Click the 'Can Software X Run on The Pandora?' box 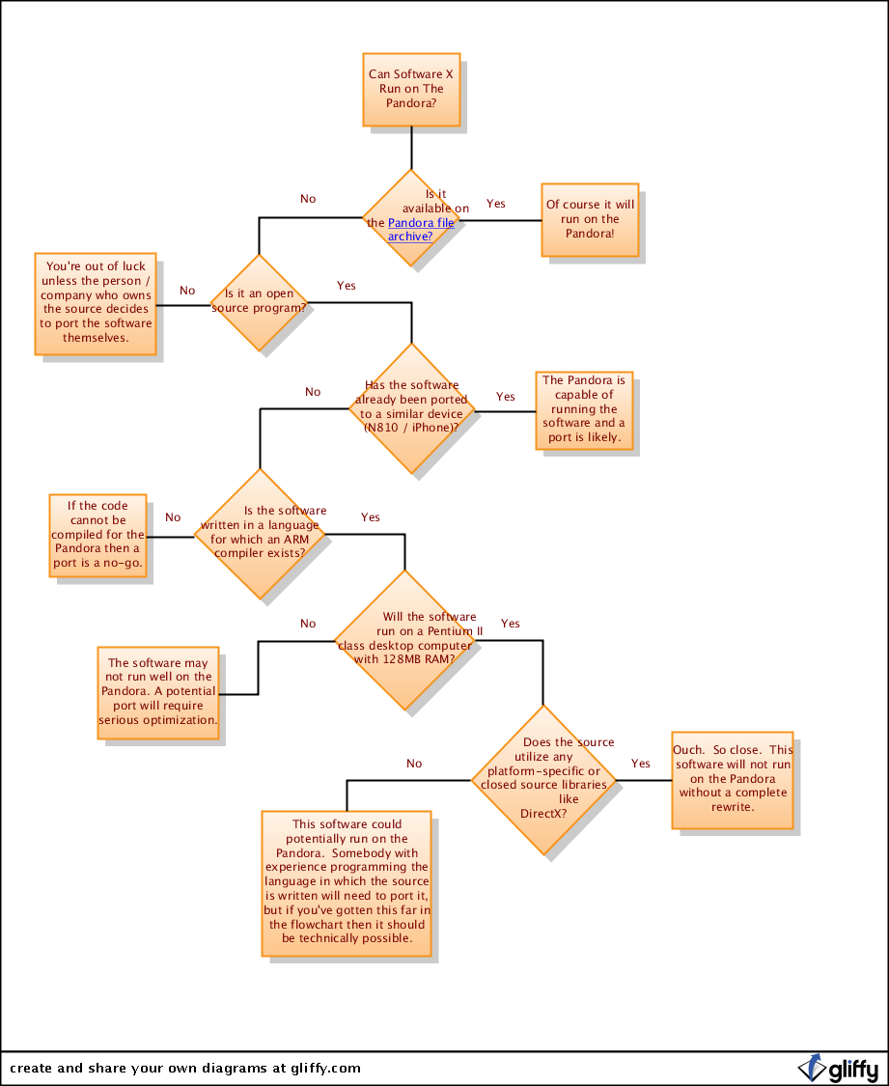click(x=410, y=89)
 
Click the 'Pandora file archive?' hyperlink click(x=421, y=229)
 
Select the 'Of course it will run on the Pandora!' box click(x=590, y=219)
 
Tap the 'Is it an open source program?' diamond click(x=259, y=302)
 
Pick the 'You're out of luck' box click(x=96, y=303)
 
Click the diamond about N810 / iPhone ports click(x=411, y=409)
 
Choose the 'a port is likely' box click(x=584, y=410)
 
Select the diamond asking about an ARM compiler click(x=261, y=534)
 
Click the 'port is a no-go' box click(x=97, y=536)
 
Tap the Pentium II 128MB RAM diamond click(x=405, y=639)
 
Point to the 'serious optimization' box click(x=158, y=692)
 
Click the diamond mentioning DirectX click(x=543, y=779)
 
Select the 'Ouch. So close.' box click(x=733, y=779)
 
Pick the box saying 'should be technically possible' click(x=347, y=883)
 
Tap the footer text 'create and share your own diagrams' click(x=184, y=1068)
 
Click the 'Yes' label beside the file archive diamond click(x=495, y=204)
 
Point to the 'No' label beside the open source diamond click(x=187, y=291)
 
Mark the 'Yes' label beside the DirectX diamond click(x=641, y=764)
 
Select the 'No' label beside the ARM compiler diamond click(x=173, y=517)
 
